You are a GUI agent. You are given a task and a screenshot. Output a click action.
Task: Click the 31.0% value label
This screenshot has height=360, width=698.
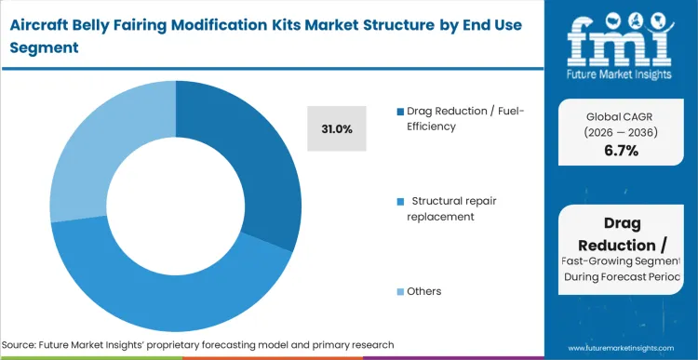337,129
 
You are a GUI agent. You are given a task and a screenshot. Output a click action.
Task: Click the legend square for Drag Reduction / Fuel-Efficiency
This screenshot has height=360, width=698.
399,112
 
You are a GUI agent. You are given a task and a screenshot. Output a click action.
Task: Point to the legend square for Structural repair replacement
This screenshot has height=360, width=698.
399,200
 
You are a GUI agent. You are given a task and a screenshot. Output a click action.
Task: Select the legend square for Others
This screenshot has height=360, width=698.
399,291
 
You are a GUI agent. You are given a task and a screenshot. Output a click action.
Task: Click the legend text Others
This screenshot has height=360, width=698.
423,291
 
